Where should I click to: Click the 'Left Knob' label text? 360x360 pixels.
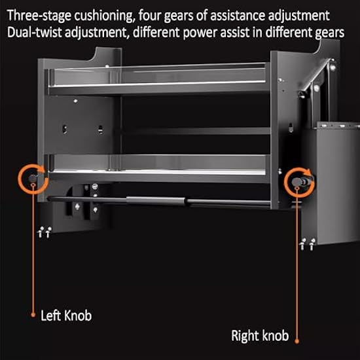[x=66, y=315]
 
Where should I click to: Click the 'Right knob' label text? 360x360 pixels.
[x=259, y=336]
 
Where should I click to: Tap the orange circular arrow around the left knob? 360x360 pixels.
[x=31, y=177]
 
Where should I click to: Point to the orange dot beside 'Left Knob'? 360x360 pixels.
[x=32, y=315]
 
